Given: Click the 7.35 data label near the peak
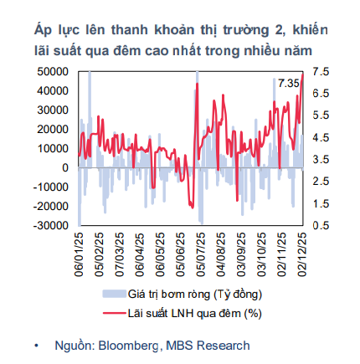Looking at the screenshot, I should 289,83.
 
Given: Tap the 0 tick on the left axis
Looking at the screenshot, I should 65,168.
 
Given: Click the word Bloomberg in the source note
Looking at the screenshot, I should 129,345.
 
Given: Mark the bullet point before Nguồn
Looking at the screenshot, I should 35,345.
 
